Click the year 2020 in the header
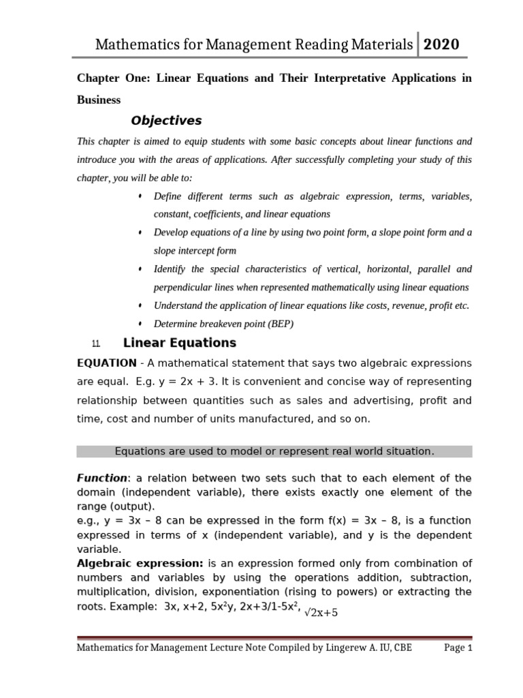[441, 45]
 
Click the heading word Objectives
[166, 121]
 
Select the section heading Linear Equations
[179, 343]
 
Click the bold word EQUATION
[106, 363]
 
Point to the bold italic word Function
[101, 479]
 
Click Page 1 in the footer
[458, 648]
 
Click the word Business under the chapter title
[99, 100]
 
